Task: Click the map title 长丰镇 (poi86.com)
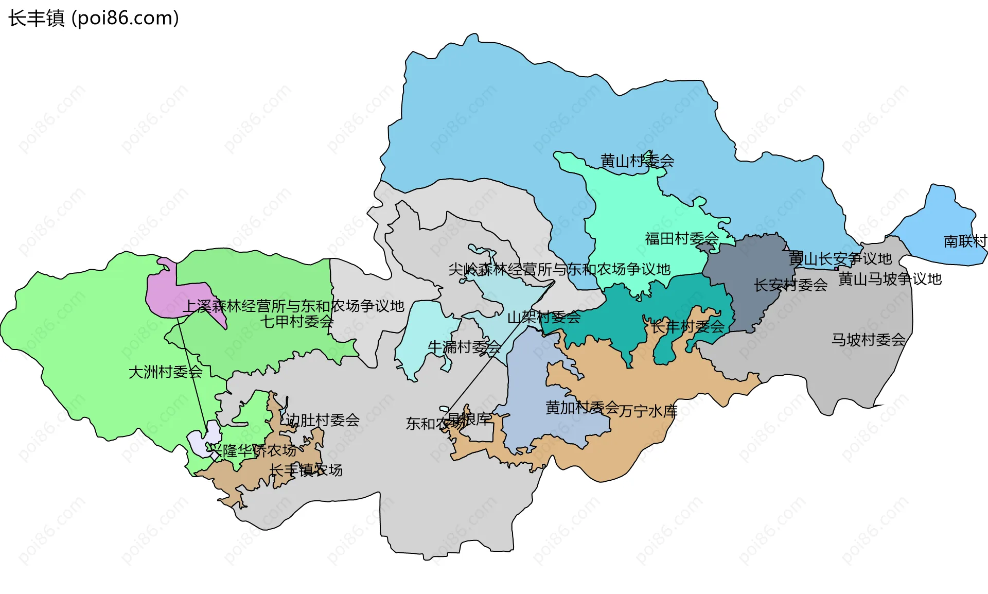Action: coord(93,18)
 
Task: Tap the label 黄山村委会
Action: coord(637,161)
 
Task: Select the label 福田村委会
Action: coord(681,238)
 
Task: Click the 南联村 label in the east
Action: coord(965,241)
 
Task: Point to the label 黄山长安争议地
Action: coord(840,258)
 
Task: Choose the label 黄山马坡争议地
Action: coord(890,279)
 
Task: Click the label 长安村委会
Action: coord(790,285)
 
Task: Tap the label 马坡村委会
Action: coord(868,340)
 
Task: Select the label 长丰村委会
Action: coord(687,326)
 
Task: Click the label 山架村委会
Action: coord(544,317)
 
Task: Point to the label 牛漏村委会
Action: coord(464,347)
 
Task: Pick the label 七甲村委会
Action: coord(297,322)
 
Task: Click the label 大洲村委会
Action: coord(165,372)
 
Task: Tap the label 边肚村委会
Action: coord(323,420)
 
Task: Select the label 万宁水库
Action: coord(648,411)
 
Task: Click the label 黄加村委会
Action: coord(582,408)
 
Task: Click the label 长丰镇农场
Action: coord(306,470)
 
